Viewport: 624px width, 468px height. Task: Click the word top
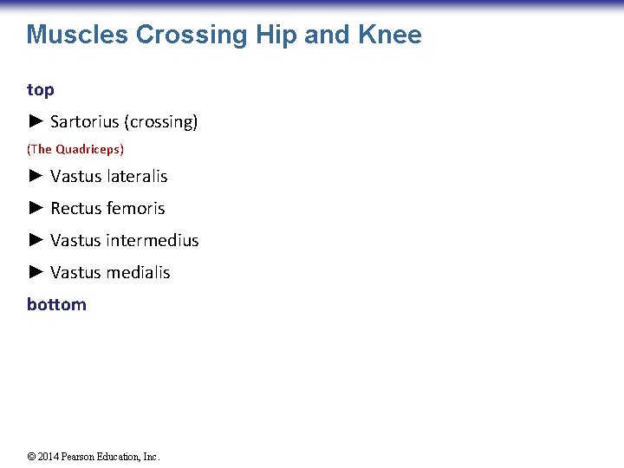(x=40, y=90)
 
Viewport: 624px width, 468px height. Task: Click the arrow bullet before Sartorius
(x=36, y=121)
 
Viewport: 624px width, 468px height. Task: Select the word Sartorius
(x=85, y=122)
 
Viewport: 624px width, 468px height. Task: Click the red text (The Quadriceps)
(x=75, y=149)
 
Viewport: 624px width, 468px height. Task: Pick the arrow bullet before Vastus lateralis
(x=36, y=176)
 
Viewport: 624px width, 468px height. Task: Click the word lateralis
(x=138, y=176)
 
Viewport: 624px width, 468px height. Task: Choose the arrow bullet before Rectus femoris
(x=36, y=208)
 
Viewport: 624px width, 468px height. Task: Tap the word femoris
(x=136, y=208)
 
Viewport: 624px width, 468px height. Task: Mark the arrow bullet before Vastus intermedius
(x=36, y=240)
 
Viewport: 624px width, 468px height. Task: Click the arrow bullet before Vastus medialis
(x=36, y=272)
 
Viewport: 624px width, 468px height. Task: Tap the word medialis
(x=139, y=272)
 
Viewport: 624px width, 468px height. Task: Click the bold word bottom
(x=56, y=304)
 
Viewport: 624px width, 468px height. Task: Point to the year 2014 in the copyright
(x=49, y=457)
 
